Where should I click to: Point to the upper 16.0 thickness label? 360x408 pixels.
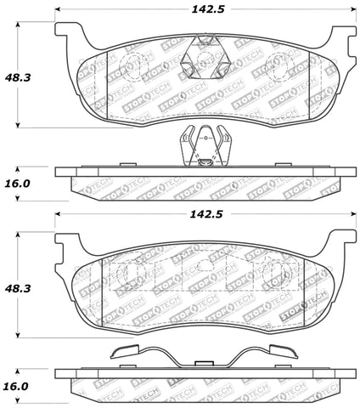18,183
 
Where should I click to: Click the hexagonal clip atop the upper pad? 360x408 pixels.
204,56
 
